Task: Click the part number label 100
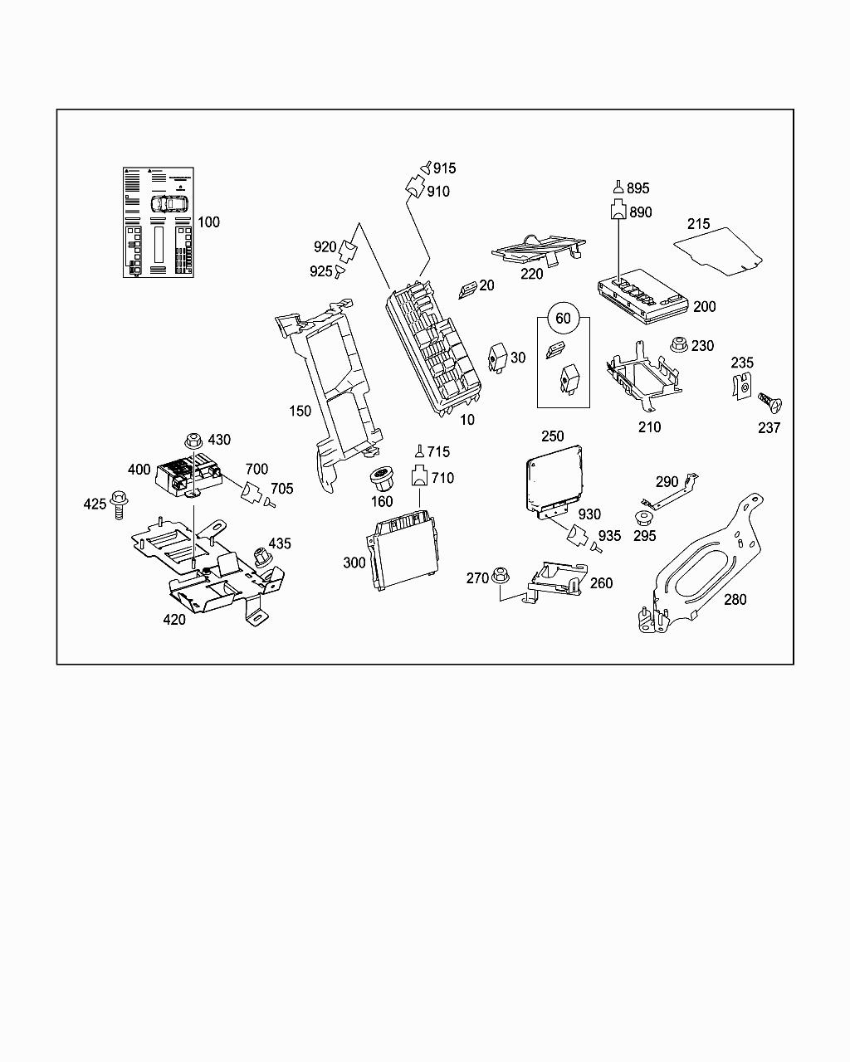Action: (x=209, y=222)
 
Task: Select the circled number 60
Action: (x=563, y=319)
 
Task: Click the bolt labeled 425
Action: (x=117, y=504)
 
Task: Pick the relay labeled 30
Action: (x=499, y=354)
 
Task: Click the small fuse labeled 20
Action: (x=468, y=288)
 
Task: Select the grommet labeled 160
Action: (x=382, y=478)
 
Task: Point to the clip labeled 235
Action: (x=744, y=386)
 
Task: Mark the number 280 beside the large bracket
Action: (x=735, y=599)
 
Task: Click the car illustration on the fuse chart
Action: (x=166, y=202)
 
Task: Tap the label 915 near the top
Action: (x=444, y=168)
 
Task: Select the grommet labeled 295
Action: (x=642, y=520)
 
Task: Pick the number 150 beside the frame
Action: (x=300, y=412)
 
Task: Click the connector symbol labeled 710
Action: (x=420, y=476)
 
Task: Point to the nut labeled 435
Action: (x=261, y=556)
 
